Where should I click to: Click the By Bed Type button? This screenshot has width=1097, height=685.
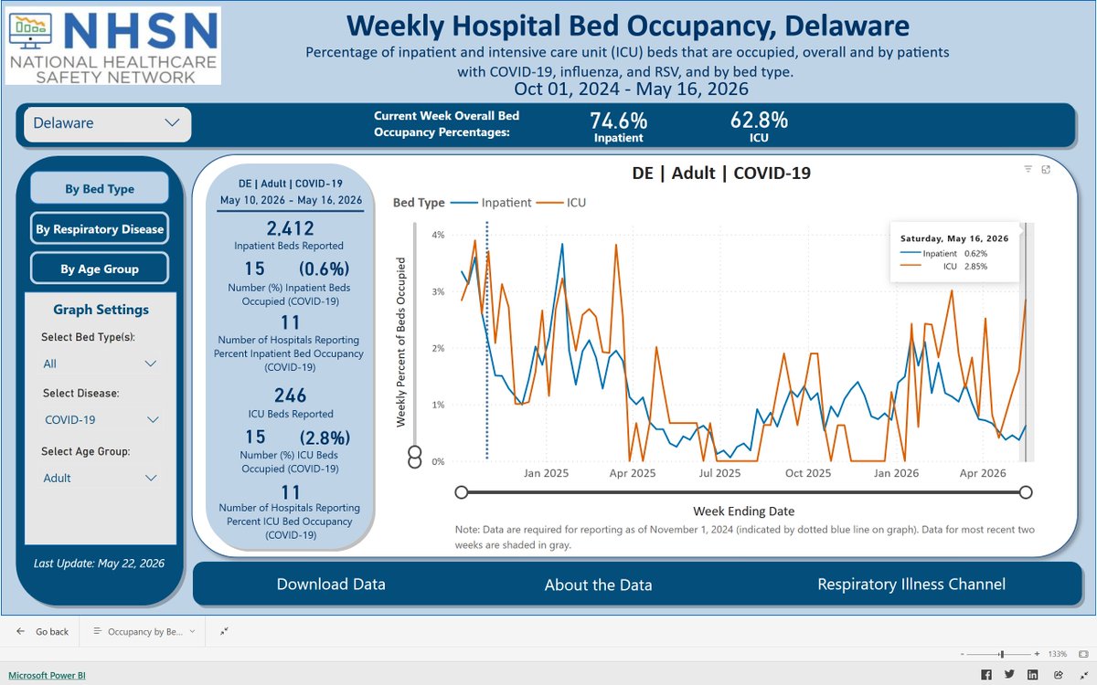click(100, 188)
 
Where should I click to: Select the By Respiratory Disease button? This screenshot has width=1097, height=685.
click(100, 228)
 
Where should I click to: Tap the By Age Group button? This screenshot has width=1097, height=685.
click(100, 269)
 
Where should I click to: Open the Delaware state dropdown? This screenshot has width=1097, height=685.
click(107, 123)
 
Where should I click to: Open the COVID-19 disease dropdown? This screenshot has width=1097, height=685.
click(101, 420)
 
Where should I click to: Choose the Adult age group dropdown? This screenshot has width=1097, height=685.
click(100, 478)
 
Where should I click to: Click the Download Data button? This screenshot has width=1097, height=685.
click(331, 585)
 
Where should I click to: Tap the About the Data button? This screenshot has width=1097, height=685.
click(599, 585)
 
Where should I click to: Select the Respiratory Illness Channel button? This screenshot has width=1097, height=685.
click(911, 585)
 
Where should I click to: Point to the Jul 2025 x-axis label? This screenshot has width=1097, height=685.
click(719, 473)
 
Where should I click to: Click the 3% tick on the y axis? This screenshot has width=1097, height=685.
click(438, 291)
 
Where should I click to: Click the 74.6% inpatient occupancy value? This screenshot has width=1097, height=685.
click(619, 121)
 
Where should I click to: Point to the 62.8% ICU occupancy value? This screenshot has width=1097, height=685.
click(759, 120)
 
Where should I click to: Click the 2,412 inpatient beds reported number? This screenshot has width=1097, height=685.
click(290, 228)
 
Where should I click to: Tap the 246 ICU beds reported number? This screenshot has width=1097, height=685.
click(290, 395)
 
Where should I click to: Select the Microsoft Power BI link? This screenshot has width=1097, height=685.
click(47, 675)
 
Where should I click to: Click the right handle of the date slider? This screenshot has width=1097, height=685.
click(1026, 492)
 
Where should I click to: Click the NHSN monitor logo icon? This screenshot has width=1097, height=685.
click(30, 32)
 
